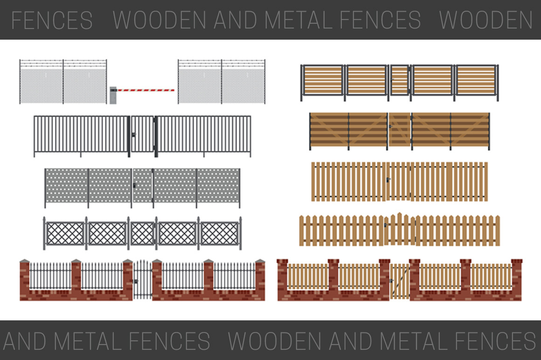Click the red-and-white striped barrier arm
point(146,90)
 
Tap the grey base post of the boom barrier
point(113,95)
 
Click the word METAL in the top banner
point(298,20)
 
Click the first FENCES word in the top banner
point(52,20)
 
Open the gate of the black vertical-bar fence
point(142,134)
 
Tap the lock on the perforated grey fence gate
point(135,186)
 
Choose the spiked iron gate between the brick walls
point(143,279)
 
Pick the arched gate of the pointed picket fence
point(399,229)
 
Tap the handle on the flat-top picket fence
point(387,180)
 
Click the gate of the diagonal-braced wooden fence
point(399,130)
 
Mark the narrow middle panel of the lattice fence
point(142,233)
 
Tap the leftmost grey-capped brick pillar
point(25,280)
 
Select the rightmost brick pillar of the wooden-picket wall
point(517,280)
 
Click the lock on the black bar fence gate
point(134,135)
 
